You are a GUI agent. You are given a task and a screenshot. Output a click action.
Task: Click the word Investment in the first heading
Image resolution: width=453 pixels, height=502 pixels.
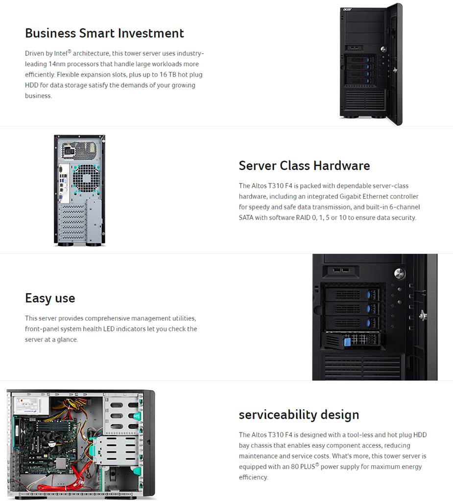(151, 33)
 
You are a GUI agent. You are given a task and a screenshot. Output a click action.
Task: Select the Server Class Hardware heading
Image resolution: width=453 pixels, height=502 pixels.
(304, 165)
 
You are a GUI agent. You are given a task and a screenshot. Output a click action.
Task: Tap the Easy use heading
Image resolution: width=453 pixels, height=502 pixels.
(50, 298)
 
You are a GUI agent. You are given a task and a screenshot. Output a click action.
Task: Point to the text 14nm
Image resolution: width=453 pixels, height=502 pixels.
(57, 64)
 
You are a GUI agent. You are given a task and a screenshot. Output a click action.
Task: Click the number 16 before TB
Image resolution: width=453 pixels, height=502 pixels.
(164, 74)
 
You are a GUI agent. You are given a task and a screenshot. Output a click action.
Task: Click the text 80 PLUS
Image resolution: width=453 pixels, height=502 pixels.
(303, 467)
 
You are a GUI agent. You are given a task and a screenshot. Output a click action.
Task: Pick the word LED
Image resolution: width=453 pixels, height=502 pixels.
(109, 329)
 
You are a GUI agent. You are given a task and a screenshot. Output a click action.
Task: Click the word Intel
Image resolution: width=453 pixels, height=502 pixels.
(61, 53)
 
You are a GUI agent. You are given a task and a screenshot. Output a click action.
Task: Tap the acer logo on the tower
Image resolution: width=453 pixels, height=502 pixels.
(347, 9)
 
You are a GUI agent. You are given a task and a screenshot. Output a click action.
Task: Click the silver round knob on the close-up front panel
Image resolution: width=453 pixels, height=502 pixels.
(399, 273)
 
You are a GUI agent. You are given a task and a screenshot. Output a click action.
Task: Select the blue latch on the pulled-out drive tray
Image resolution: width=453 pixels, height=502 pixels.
(347, 342)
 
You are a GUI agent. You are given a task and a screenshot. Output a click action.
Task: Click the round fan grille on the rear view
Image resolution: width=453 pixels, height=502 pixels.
(86, 178)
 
